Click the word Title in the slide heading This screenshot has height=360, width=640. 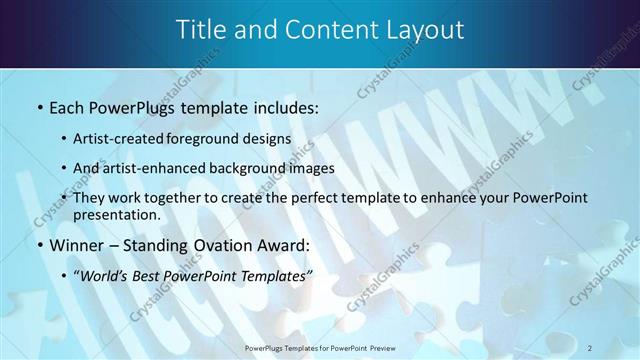pyautogui.click(x=201, y=31)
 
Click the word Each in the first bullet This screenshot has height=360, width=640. pyautogui.click(x=67, y=107)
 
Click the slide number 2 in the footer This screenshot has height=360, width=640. pyautogui.click(x=590, y=347)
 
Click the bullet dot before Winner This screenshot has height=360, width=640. pyautogui.click(x=39, y=246)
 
